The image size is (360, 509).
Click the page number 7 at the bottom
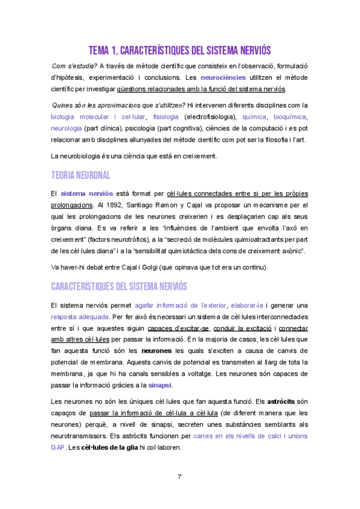tap(179, 477)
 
